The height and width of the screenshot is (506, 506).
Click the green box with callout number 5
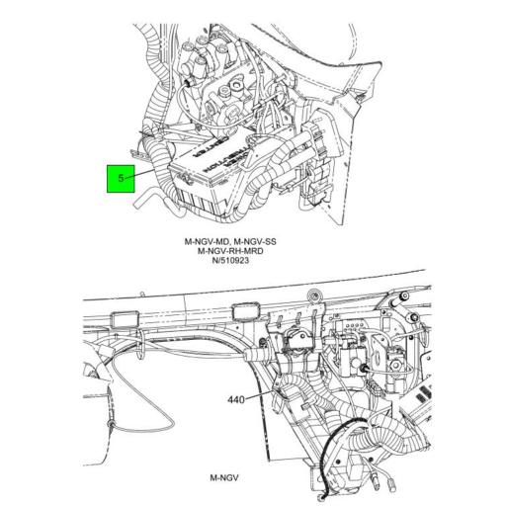[121, 179]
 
